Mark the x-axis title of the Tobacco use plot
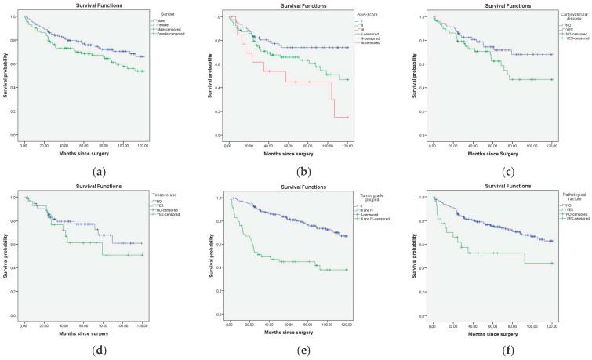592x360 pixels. [82, 332]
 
